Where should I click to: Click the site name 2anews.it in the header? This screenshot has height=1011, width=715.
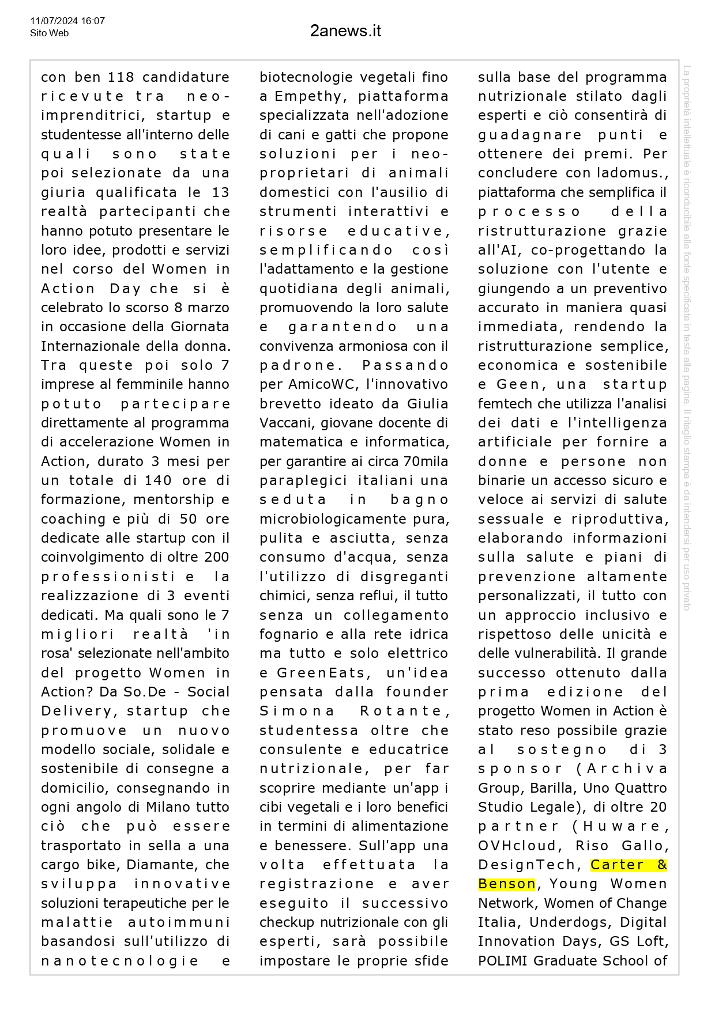[345, 31]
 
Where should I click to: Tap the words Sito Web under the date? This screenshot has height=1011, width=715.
[49, 33]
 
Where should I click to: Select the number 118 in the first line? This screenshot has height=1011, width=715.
[121, 77]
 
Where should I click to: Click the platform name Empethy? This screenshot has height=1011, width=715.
[308, 96]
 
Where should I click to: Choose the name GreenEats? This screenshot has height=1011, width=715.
[321, 673]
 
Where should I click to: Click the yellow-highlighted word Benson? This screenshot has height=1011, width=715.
[507, 884]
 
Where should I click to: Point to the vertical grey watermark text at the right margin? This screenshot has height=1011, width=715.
[686, 337]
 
